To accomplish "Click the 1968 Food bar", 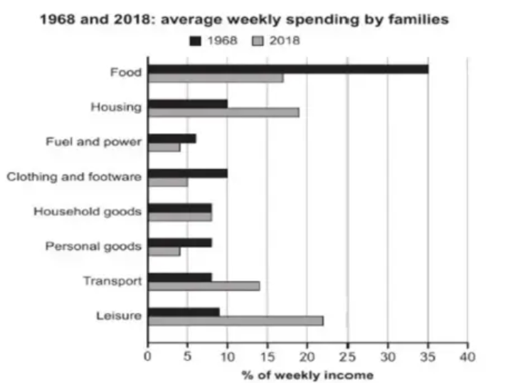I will click(x=288, y=69).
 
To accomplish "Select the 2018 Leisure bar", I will click(x=236, y=320).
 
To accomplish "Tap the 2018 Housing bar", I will click(x=223, y=112).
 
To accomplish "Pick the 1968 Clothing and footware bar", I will click(x=188, y=173).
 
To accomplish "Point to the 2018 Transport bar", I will click(x=203, y=286).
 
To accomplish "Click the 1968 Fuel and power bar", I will click(x=172, y=138).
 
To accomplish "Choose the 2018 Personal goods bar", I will click(x=164, y=251).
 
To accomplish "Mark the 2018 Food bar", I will click(x=216, y=77).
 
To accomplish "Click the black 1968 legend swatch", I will click(x=196, y=41).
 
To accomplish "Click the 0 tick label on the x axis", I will click(x=148, y=355).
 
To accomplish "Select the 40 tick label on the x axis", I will click(x=467, y=355).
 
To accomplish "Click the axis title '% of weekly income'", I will click(x=307, y=374).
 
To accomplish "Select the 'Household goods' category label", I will click(x=88, y=211).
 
